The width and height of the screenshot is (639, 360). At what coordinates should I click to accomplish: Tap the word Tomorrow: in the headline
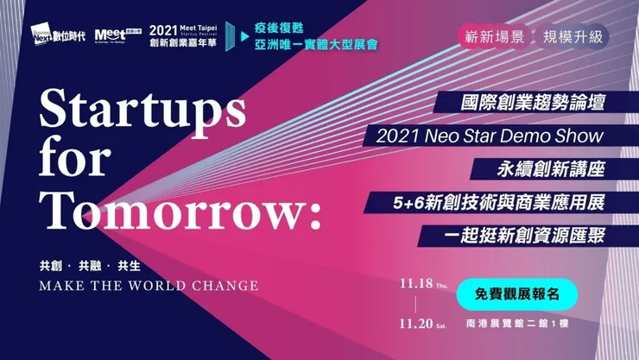180,208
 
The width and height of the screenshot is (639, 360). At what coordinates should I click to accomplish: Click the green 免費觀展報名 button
516,294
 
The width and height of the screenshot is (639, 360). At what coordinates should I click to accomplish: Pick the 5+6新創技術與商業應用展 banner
496,203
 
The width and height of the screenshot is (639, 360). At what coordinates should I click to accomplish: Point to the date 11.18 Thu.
420,282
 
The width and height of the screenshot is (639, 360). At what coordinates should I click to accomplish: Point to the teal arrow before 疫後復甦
245,35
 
